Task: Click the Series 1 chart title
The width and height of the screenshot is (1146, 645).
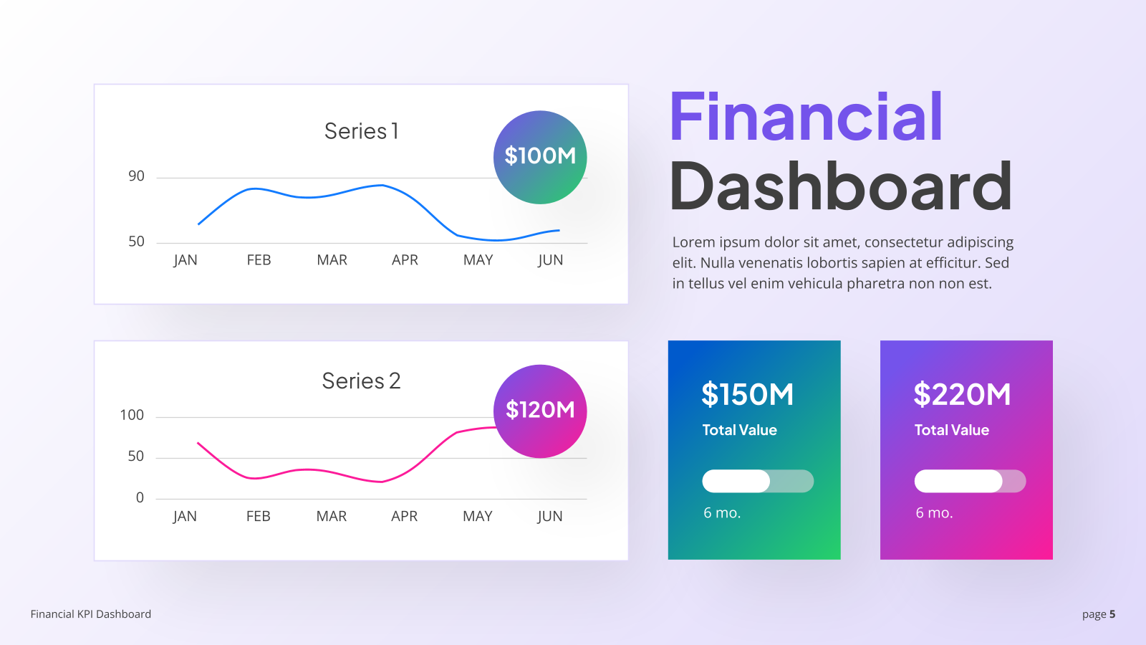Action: pos(361,131)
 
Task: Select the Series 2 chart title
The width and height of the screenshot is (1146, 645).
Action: pos(361,381)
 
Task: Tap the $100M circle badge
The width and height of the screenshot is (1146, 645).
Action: pos(540,157)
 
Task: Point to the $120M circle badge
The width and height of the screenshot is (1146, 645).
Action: pos(540,411)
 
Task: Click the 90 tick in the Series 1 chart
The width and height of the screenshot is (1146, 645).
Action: pos(137,176)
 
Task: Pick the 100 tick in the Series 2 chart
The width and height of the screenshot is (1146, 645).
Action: pos(132,415)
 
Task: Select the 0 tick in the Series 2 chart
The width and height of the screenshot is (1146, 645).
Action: pos(140,497)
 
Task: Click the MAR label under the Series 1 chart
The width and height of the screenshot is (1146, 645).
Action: pos(332,260)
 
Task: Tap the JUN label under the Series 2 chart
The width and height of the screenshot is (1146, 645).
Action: pos(550,516)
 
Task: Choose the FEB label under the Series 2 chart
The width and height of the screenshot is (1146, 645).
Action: pos(259,516)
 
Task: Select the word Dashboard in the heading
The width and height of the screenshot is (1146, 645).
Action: pos(841,186)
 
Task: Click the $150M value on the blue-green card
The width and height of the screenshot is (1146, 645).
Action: pos(748,394)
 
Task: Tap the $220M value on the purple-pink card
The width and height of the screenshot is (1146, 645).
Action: pos(963,394)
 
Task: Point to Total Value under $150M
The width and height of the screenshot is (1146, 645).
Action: pos(740,430)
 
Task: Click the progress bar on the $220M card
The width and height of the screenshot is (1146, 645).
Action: pos(970,481)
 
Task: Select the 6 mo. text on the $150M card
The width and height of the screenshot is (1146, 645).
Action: pos(723,513)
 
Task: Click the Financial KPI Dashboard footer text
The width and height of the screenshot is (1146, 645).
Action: pos(90,614)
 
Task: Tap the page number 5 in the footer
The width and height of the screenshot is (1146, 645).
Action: pos(1112,614)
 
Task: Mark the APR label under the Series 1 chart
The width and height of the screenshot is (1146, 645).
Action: pos(405,260)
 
